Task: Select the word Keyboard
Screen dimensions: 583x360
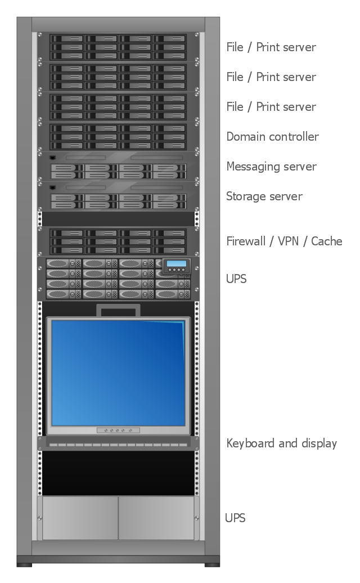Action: point(250,443)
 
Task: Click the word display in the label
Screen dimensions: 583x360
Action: point(318,443)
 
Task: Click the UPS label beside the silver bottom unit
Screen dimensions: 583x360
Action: point(235,518)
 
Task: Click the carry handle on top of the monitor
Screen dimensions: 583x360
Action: point(118,310)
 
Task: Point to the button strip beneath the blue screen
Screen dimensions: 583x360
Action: point(118,430)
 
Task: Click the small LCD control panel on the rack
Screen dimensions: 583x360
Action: point(177,266)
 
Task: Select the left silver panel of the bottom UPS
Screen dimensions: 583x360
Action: point(80,518)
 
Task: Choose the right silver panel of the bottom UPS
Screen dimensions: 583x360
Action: point(156,518)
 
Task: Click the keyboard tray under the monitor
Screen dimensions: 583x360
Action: point(118,445)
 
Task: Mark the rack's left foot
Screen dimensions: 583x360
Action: point(24,563)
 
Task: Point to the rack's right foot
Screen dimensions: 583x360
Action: point(212,563)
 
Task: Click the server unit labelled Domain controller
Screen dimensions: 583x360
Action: point(118,137)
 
